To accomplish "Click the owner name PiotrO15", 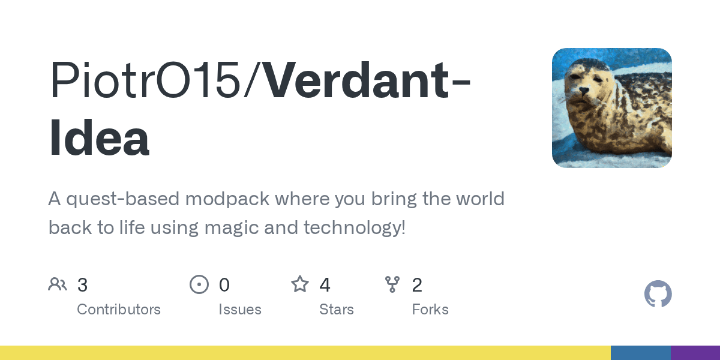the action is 145,79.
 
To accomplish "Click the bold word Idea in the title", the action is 99,137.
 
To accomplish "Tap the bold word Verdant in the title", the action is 357,79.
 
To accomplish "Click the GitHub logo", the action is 658,294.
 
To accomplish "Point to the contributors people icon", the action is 58,284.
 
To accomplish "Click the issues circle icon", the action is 199,284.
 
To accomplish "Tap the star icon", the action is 300,284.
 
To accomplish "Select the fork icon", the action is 392,284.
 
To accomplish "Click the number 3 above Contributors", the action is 82,285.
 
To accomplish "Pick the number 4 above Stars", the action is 325,285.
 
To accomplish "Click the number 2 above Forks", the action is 417,285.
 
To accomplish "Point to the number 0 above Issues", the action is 224,285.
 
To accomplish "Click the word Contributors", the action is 119,310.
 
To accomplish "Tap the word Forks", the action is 430,310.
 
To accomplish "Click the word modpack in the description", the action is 227,199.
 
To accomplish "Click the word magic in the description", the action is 232,228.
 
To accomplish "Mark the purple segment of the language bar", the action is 695,353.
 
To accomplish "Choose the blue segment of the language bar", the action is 641,353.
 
